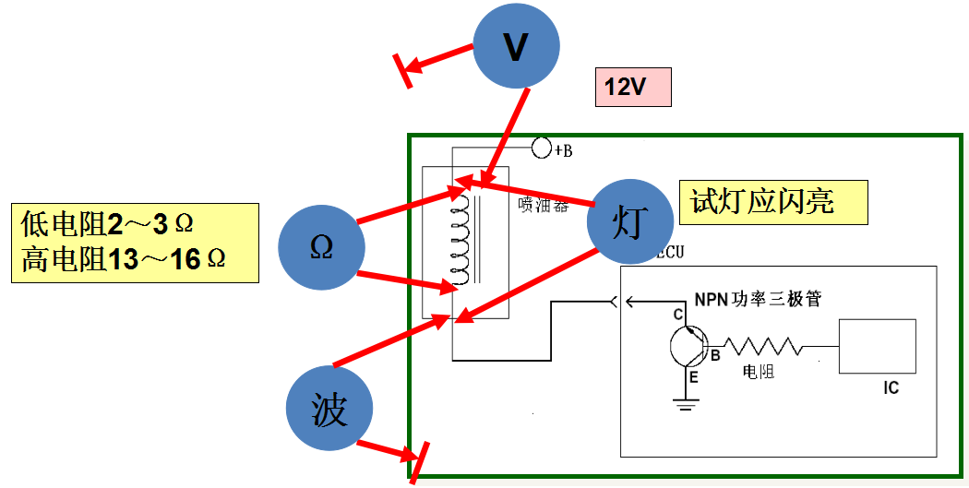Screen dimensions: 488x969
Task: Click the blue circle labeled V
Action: coord(516,46)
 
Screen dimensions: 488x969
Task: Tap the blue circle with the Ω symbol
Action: coord(321,247)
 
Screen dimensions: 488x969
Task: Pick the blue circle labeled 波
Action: coord(329,410)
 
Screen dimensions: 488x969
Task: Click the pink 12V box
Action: coord(632,88)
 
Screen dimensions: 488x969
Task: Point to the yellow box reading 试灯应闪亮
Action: coord(773,201)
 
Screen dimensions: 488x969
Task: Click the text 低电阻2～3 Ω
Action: coord(109,224)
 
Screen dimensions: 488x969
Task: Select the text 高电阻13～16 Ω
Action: coord(123,260)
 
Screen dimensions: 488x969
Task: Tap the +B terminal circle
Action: coord(542,148)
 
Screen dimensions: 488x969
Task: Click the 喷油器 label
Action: coord(543,208)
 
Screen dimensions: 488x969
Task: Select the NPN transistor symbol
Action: coord(688,348)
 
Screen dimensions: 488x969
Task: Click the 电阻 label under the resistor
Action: coord(759,372)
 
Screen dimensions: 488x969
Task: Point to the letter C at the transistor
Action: coord(677,315)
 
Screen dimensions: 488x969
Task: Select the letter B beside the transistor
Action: coord(715,353)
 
